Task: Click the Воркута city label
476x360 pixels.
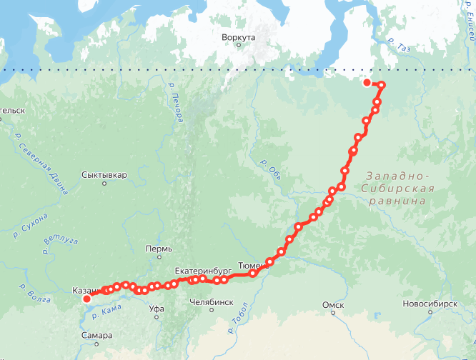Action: [239, 37]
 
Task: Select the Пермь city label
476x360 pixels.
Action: [159, 249]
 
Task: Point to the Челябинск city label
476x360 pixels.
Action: [212, 302]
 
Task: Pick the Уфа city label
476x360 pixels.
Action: [157, 309]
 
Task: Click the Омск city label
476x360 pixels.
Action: [333, 305]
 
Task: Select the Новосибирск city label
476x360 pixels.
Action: [430, 304]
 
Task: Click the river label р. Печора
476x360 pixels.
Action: [173, 96]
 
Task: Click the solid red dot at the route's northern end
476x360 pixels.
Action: [367, 83]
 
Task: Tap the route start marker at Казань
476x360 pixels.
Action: [87, 299]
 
